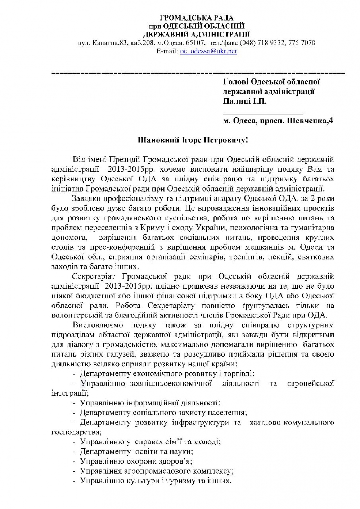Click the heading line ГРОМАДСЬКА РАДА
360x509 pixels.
197,18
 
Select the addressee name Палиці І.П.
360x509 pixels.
245,101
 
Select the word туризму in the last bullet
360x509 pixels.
182,481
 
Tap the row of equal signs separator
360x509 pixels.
198,73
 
